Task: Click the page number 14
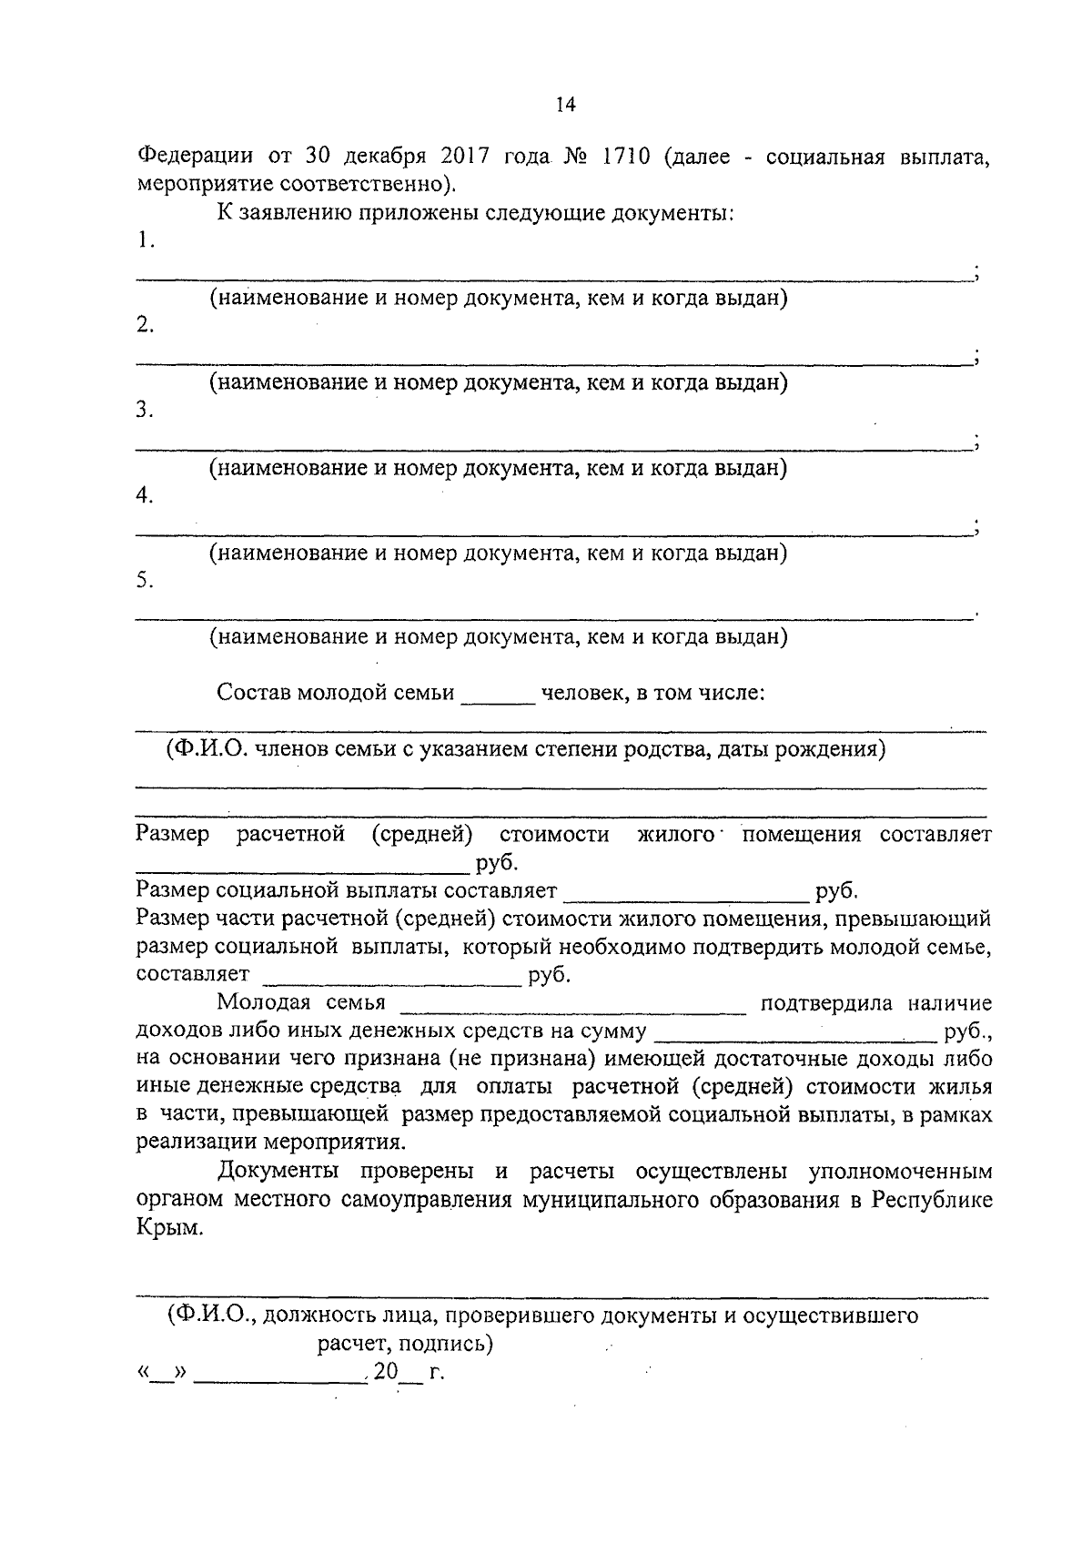[x=565, y=105]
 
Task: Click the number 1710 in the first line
[x=625, y=156]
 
